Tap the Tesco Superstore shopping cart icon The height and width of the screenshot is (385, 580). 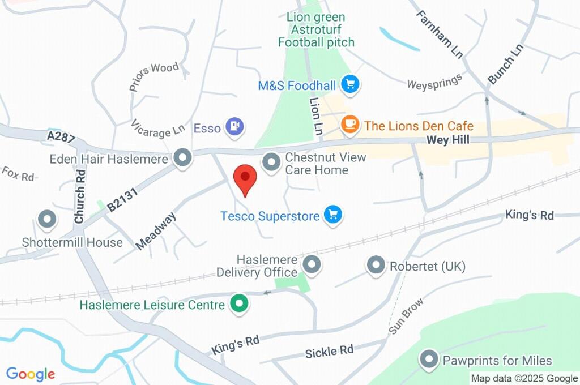(x=332, y=215)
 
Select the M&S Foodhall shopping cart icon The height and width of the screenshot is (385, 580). (x=351, y=85)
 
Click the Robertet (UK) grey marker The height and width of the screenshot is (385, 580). (x=376, y=265)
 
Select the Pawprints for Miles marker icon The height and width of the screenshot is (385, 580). (x=429, y=359)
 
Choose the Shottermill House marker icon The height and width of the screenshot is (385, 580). (x=46, y=219)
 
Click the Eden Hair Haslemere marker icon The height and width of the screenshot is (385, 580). (x=182, y=158)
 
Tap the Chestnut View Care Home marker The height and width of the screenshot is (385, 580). (x=272, y=162)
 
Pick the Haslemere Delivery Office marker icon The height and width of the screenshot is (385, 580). (x=311, y=264)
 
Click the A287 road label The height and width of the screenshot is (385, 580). (x=61, y=136)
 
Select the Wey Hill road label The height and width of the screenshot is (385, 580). (x=448, y=140)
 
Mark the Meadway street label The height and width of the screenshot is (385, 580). (x=157, y=231)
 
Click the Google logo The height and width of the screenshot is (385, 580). (x=31, y=374)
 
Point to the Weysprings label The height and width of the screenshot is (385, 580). (x=434, y=84)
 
